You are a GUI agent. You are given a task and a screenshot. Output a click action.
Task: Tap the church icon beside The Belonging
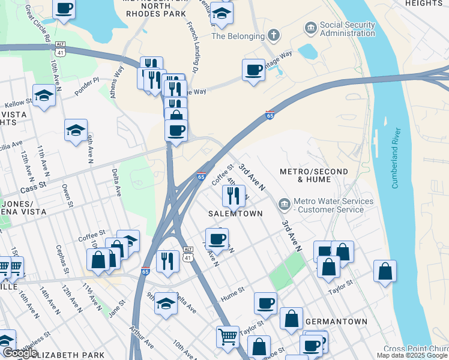pyautogui.click(x=273, y=35)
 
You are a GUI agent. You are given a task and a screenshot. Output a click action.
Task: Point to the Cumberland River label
pyautogui.click(x=396, y=158)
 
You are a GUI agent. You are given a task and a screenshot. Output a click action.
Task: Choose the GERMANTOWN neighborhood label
pyautogui.click(x=336, y=322)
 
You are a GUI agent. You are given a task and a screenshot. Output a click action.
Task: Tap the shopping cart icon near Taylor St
pyautogui.click(x=228, y=337)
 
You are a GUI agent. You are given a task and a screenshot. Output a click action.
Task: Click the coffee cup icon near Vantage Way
pyautogui.click(x=253, y=70)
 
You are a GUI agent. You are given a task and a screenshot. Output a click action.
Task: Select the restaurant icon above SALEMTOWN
pyautogui.click(x=232, y=195)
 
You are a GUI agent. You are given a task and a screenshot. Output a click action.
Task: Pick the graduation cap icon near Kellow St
pyautogui.click(x=44, y=95)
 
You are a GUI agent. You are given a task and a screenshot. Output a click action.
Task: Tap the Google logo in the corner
pyautogui.click(x=19, y=353)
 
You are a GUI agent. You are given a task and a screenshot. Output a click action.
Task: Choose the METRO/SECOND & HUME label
pyautogui.click(x=314, y=175)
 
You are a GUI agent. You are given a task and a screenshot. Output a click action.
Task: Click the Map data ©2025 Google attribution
pyautogui.click(x=412, y=355)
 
